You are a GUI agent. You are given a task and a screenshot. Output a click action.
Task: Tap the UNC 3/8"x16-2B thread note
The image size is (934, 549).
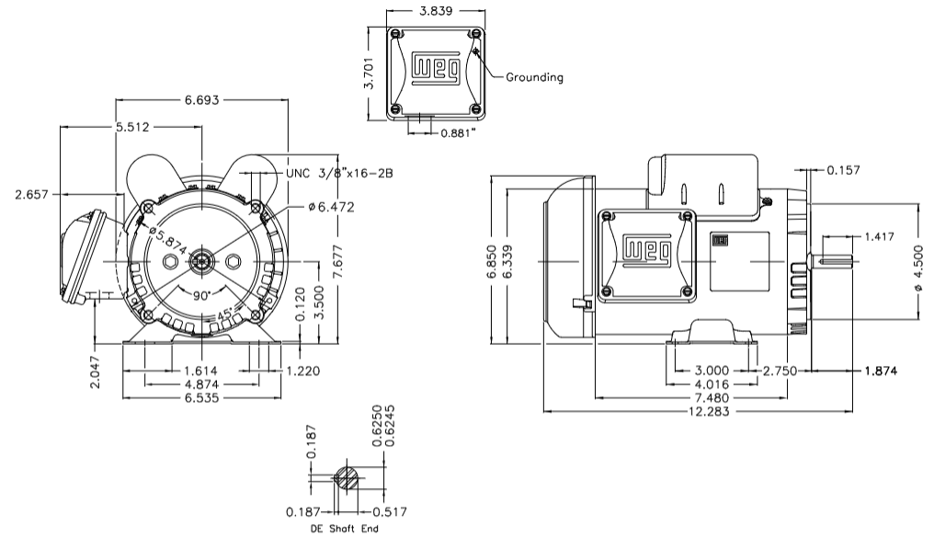339,172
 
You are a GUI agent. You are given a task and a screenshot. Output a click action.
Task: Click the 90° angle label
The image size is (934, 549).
201,296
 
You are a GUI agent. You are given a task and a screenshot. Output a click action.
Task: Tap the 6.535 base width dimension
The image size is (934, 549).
201,397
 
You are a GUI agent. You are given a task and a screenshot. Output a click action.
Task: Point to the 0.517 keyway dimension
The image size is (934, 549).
390,512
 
